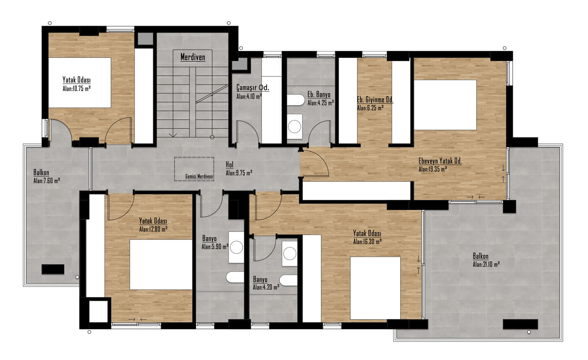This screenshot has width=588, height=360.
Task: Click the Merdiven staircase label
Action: click(x=193, y=57)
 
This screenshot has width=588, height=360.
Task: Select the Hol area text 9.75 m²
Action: click(x=239, y=173)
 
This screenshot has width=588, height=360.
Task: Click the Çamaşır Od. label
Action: click(x=253, y=87)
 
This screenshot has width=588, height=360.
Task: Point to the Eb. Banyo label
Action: click(x=319, y=94)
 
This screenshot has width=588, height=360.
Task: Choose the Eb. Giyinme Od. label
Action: click(x=375, y=100)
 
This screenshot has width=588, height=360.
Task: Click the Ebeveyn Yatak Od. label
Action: click(x=440, y=161)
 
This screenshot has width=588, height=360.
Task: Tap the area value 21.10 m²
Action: click(x=486, y=264)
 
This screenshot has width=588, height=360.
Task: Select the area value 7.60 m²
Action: click(x=47, y=181)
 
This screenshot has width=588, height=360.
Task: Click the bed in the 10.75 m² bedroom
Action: click(x=79, y=82)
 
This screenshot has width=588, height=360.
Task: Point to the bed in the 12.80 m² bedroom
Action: click(x=161, y=265)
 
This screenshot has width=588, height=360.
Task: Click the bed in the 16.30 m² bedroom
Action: click(x=375, y=288)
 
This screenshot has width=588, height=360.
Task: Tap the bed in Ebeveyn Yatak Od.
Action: click(x=445, y=105)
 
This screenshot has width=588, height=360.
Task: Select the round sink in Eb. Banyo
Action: click(x=294, y=126)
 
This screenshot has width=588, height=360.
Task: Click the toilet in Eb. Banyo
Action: click(x=296, y=100)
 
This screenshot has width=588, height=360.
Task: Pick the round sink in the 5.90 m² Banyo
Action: click(x=236, y=247)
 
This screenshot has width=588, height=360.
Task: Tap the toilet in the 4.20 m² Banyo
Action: click(x=288, y=280)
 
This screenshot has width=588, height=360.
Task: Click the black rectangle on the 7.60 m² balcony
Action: click(x=53, y=269)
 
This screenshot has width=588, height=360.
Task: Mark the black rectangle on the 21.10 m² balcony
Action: click(x=520, y=324)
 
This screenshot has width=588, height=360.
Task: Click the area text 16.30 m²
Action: click(x=367, y=242)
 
